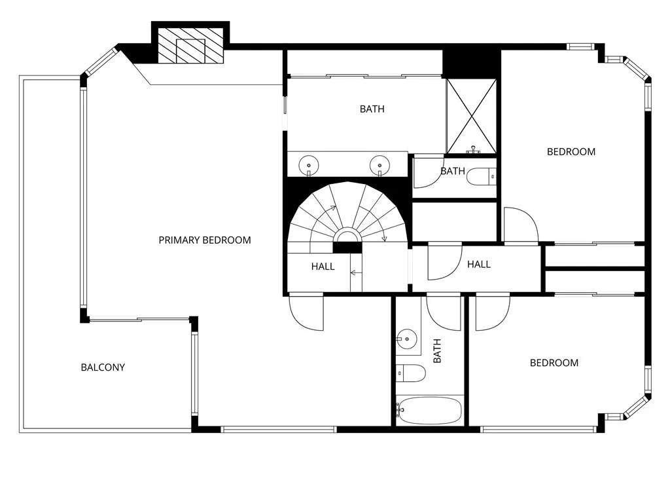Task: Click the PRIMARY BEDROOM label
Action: [x=205, y=240]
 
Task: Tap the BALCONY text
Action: [x=103, y=367]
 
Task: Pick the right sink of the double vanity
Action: [x=378, y=164]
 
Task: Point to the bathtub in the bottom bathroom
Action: [x=429, y=411]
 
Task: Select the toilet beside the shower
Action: [x=484, y=176]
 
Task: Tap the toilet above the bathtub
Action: [x=411, y=373]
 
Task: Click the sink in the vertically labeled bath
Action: [x=407, y=339]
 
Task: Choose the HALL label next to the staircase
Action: [x=323, y=267]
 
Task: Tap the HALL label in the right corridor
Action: [x=479, y=265]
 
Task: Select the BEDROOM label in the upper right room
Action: [x=571, y=152]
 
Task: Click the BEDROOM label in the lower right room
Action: [x=554, y=363]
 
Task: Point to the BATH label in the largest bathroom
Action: [x=372, y=109]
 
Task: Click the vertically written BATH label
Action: [x=437, y=350]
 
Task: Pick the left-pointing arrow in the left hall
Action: [x=355, y=272]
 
